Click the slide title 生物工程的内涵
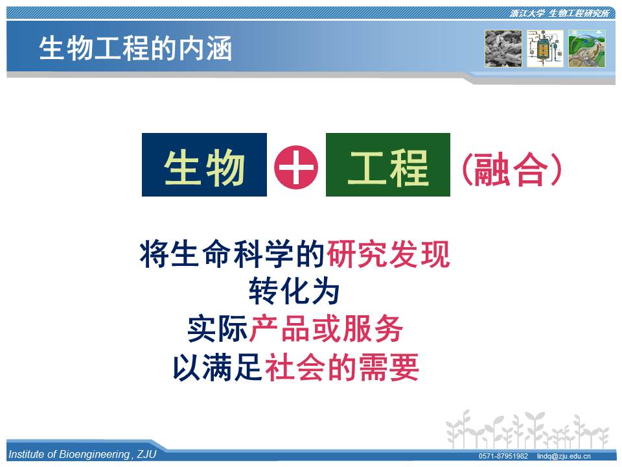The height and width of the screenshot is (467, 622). (135, 49)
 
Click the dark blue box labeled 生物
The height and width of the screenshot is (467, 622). (204, 165)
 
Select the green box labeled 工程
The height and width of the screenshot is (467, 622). (388, 165)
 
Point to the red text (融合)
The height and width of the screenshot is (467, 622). (512, 169)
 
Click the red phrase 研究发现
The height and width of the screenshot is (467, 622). (388, 254)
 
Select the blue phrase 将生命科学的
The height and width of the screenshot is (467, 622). (233, 254)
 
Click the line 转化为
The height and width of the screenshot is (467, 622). (294, 291)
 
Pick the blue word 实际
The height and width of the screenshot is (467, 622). (218, 329)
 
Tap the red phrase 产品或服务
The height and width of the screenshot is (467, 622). (326, 329)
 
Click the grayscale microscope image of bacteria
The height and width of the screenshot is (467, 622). (503, 49)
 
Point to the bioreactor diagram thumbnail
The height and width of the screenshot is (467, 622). (545, 49)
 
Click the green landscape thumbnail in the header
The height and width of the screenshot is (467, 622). (587, 49)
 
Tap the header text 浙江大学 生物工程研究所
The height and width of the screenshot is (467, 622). (559, 14)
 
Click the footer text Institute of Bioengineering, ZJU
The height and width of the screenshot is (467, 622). (82, 454)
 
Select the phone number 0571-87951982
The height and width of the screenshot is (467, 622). (503, 456)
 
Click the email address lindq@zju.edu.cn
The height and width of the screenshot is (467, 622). (564, 456)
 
